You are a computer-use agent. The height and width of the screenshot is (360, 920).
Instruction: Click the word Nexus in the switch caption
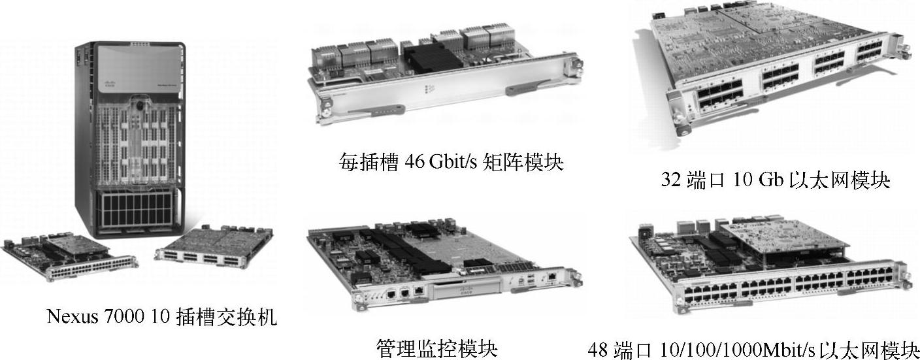(x=73, y=316)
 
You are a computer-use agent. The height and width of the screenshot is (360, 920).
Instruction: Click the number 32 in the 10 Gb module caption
(x=670, y=180)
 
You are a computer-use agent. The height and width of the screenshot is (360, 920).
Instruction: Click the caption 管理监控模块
(x=437, y=348)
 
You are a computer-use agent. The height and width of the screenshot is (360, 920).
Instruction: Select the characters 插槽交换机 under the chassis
(x=226, y=316)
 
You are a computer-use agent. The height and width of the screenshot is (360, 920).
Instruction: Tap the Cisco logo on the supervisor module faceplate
(x=466, y=292)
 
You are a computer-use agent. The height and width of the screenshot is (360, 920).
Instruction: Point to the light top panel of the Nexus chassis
(x=140, y=69)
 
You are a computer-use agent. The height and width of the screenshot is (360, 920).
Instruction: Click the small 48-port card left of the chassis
(x=70, y=257)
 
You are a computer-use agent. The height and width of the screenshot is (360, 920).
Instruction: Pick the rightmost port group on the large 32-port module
(x=868, y=52)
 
